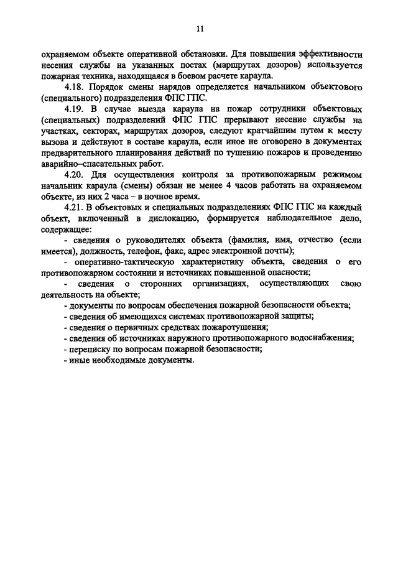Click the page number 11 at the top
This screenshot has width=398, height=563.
point(200,28)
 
